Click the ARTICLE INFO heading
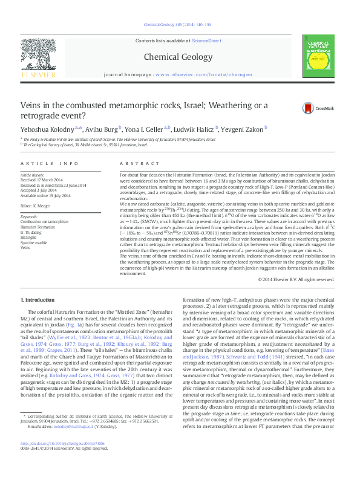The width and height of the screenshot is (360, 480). click(49, 164)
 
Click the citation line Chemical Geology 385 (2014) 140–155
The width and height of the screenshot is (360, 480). click(179, 25)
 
